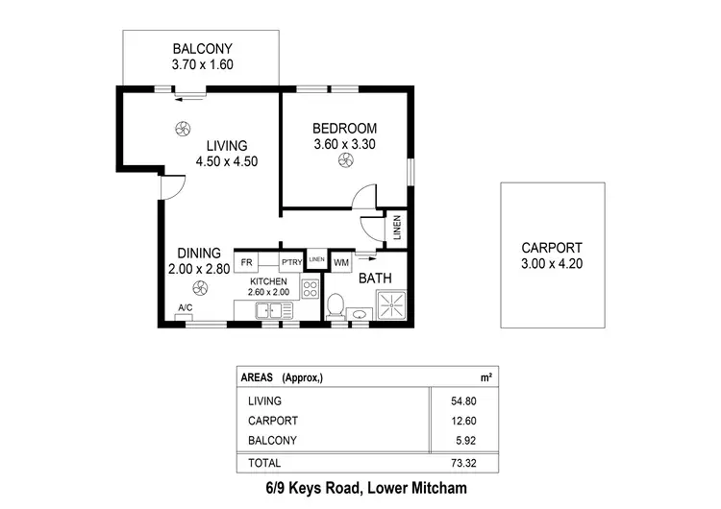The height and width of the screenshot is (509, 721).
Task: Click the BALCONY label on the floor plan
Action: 202,50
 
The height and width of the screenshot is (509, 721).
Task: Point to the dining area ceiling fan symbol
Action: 199,286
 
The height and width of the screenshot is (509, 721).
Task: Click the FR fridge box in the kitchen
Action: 246,261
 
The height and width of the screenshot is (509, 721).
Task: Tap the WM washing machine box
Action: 341,261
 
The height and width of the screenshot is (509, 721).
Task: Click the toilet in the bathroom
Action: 336,306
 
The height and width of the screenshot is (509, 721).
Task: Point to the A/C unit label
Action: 185,308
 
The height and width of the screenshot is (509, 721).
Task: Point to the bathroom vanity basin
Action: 360,313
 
